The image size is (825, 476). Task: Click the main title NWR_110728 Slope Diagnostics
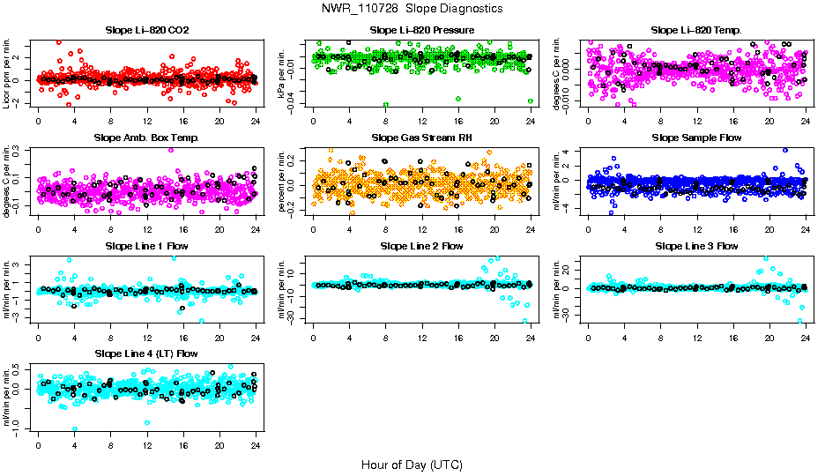412,8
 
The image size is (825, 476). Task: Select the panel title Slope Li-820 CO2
146,30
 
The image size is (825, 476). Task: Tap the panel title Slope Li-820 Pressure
422,30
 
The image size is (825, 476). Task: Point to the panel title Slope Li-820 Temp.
696,30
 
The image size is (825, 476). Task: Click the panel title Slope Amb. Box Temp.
146,138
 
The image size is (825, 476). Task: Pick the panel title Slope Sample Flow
696,138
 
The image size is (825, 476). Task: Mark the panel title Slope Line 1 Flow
146,246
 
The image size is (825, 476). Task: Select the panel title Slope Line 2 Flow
422,246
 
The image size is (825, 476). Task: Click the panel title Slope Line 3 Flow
696,246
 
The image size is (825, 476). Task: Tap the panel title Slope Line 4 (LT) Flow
146,353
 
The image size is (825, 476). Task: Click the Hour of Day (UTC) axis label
412,464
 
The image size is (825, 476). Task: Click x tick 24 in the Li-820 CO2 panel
255,122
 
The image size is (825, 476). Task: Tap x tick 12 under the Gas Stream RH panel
422,229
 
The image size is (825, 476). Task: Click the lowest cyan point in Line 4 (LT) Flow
75,428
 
